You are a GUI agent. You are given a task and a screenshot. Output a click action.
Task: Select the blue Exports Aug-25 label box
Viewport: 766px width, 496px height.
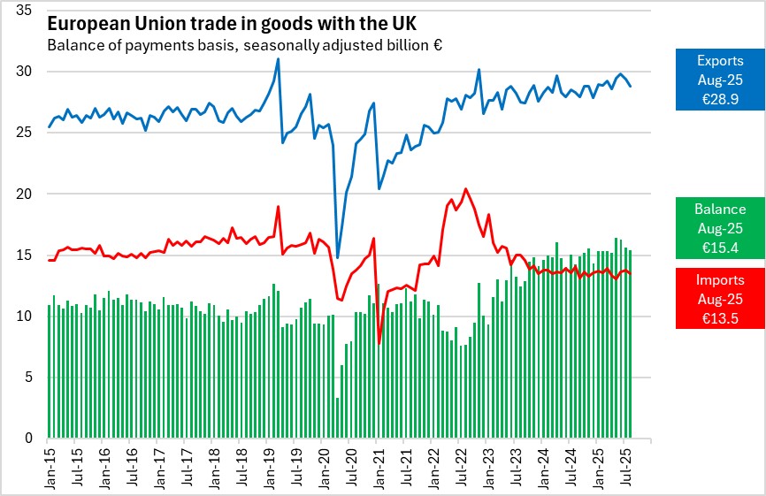(x=719, y=79)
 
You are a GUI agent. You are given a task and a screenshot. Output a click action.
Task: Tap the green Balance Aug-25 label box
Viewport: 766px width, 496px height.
(x=719, y=227)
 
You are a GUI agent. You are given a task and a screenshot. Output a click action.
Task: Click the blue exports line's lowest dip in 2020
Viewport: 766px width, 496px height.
(x=337, y=256)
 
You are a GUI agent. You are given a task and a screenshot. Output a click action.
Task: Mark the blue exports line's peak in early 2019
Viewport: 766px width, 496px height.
(x=278, y=59)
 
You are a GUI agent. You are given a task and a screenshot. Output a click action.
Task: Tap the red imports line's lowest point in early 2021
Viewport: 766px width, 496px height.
(x=379, y=343)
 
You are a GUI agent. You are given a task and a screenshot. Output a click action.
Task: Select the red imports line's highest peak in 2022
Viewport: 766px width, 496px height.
(x=466, y=188)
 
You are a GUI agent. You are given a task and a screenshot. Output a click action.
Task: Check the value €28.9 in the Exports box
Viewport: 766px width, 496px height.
(x=719, y=96)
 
